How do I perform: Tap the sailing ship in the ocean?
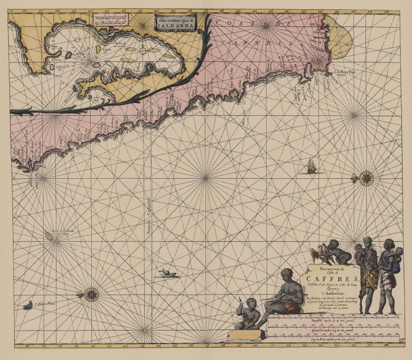coord(310,167)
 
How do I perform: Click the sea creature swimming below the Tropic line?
coord(167,273)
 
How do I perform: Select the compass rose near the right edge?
coord(366,177)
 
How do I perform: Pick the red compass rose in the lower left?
coord(91,294)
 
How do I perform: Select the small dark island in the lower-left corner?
coord(28,305)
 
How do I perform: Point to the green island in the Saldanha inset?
coord(68,55)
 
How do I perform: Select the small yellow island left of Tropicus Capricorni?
coord(48,235)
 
